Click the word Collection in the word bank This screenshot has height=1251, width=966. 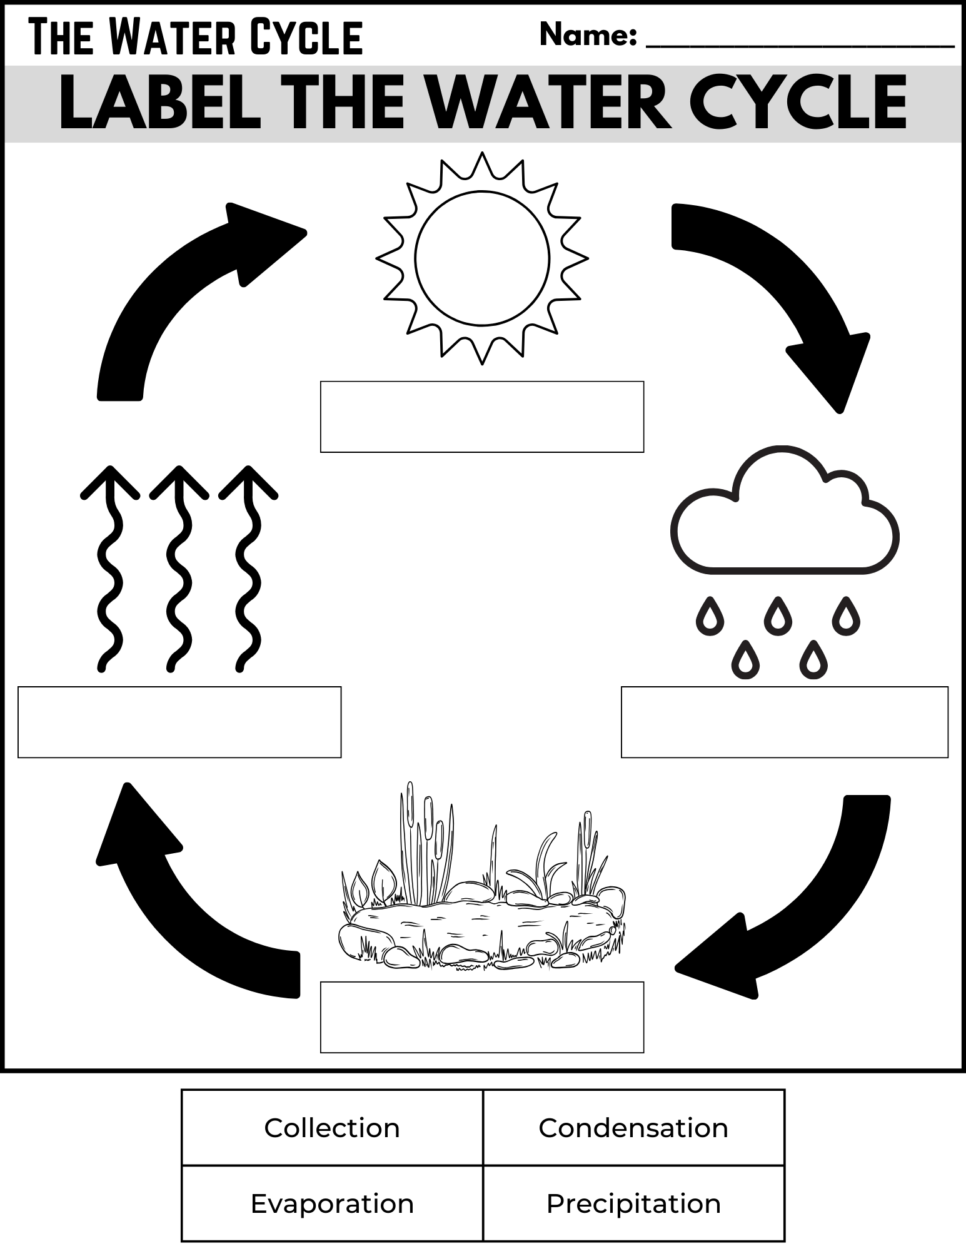point(331,1128)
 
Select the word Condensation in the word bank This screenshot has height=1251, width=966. point(633,1128)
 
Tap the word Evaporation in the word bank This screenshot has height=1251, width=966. point(332,1203)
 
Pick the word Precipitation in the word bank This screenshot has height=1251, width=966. point(633,1203)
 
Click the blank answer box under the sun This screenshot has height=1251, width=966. point(481,417)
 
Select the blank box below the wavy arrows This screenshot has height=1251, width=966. point(179,722)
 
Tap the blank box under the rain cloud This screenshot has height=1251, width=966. point(784,722)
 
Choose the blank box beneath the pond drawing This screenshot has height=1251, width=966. point(481,1017)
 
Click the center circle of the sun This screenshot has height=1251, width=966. point(482,258)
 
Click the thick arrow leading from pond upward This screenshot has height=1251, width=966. point(181,907)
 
